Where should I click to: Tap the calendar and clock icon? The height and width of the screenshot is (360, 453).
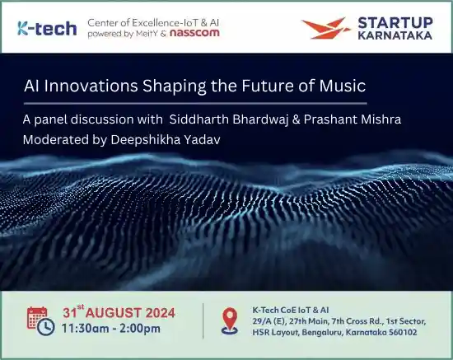click(40, 320)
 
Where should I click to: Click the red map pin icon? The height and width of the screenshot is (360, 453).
click(231, 320)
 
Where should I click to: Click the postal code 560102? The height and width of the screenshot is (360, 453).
click(399, 333)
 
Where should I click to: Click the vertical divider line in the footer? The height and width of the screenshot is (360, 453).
click(204, 320)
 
